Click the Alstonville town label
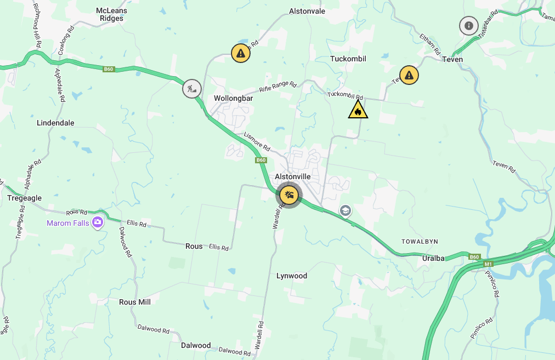tap(293, 176)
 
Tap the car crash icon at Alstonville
tap(288, 195)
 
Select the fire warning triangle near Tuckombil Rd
tap(358, 110)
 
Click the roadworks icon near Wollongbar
tap(192, 88)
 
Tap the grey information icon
tap(468, 25)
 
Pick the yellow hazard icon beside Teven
tap(409, 75)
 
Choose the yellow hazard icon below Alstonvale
tap(240, 53)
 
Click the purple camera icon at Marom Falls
tap(98, 222)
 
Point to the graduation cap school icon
tap(345, 211)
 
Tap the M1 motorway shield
tap(489, 264)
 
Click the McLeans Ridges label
tap(111, 14)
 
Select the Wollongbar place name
tap(233, 98)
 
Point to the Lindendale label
tap(55, 123)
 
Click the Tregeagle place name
tap(24, 198)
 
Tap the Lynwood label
tap(292, 276)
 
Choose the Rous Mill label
tap(135, 302)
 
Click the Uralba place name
tap(433, 258)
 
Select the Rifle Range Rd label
tap(277, 86)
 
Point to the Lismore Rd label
tap(257, 141)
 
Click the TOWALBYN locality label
tap(420, 241)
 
